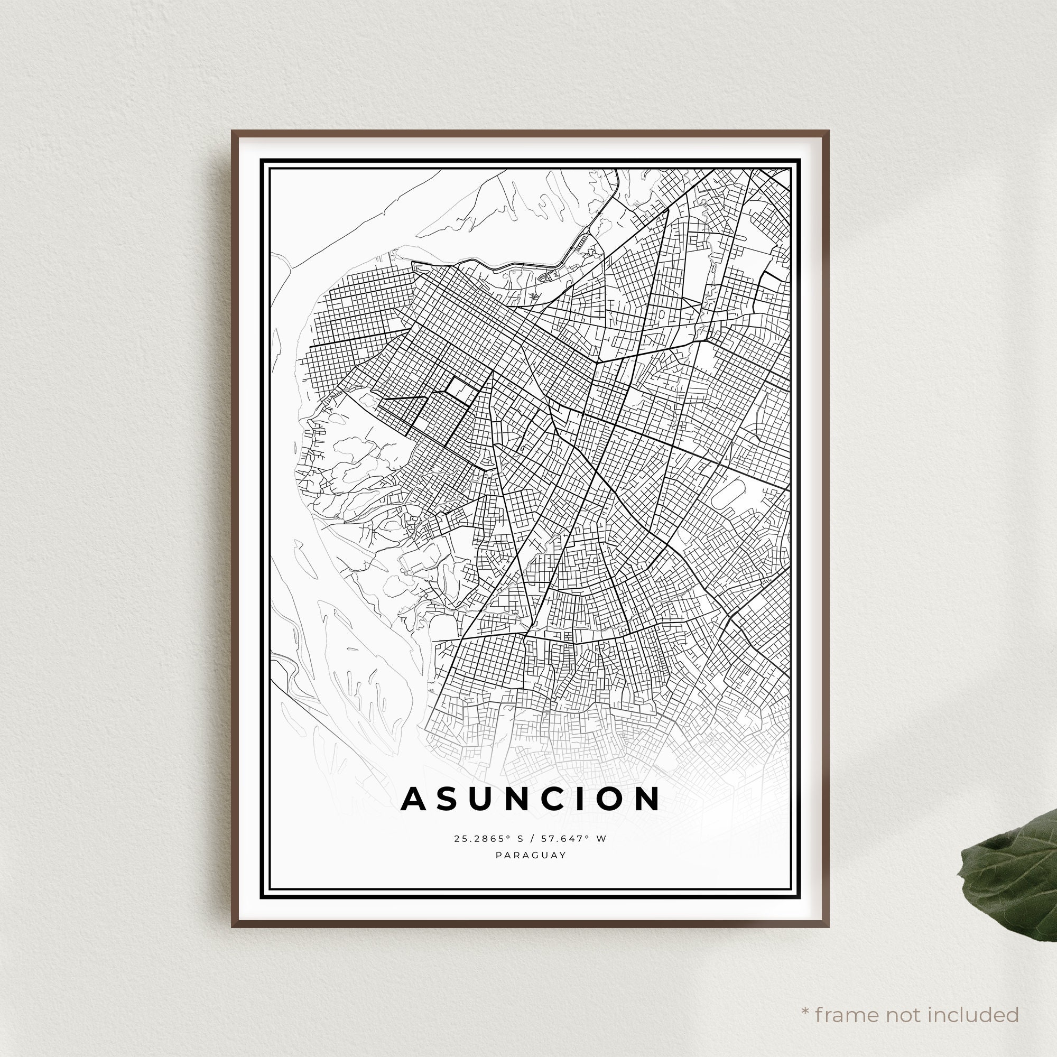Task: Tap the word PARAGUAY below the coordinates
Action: click(531, 855)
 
